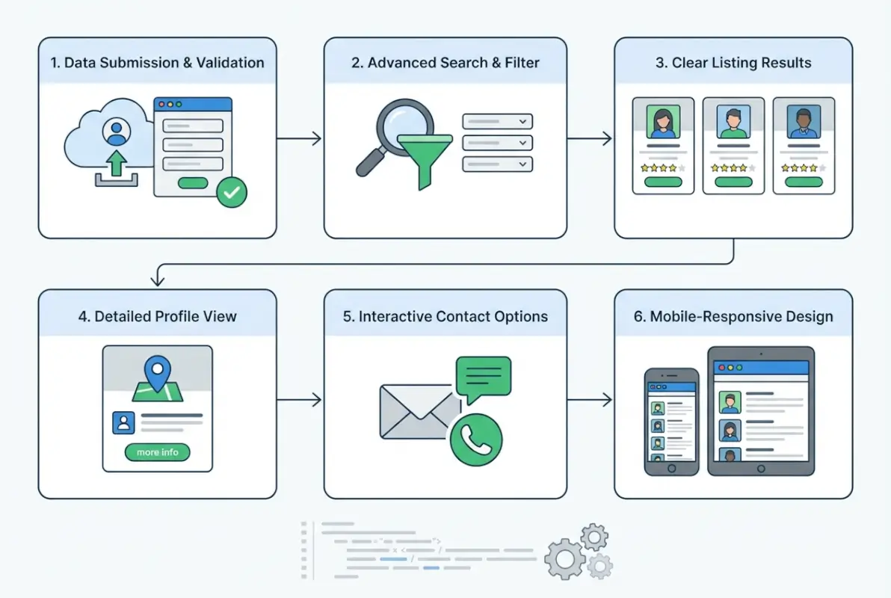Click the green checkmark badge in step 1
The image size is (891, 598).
pyautogui.click(x=232, y=193)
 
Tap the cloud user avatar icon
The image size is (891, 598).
pyautogui.click(x=116, y=132)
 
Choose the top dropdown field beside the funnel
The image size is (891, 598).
pyautogui.click(x=497, y=121)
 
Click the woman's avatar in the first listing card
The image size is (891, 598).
pyautogui.click(x=662, y=121)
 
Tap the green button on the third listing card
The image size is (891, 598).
pyautogui.click(x=804, y=182)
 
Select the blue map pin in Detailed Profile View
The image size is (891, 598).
pyautogui.click(x=157, y=371)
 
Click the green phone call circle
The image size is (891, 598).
pyautogui.click(x=475, y=440)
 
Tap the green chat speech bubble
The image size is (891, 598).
pyautogui.click(x=483, y=377)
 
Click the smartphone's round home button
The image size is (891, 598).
pyautogui.click(x=671, y=468)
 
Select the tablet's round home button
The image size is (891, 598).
pyautogui.click(x=761, y=469)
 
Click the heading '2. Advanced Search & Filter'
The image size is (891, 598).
pyautogui.click(x=445, y=63)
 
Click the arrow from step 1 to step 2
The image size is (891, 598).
pyautogui.click(x=299, y=138)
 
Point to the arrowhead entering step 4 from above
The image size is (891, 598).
pyautogui.click(x=157, y=282)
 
